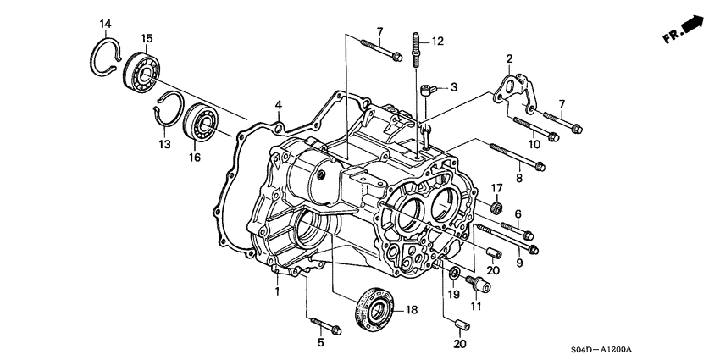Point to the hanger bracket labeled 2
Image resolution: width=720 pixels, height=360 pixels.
[x=512, y=88]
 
